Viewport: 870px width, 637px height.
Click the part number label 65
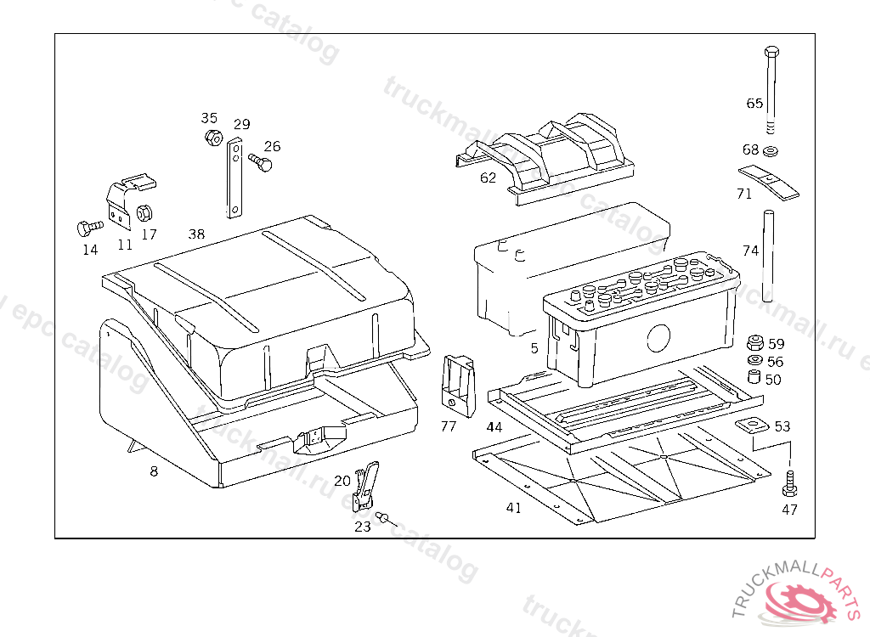click(x=754, y=104)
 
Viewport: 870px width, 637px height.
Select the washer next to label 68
click(x=771, y=152)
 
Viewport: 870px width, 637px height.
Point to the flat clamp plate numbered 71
click(x=769, y=182)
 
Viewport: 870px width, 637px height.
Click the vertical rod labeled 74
click(x=767, y=255)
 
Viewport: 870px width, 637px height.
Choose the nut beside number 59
click(x=753, y=344)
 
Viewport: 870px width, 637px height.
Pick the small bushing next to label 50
click(x=753, y=377)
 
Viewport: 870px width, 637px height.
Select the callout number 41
click(x=513, y=508)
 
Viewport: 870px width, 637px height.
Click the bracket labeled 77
click(x=457, y=383)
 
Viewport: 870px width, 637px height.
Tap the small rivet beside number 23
click(x=384, y=516)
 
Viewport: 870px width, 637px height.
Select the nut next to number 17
click(x=144, y=213)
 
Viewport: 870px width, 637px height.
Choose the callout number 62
click(x=488, y=178)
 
